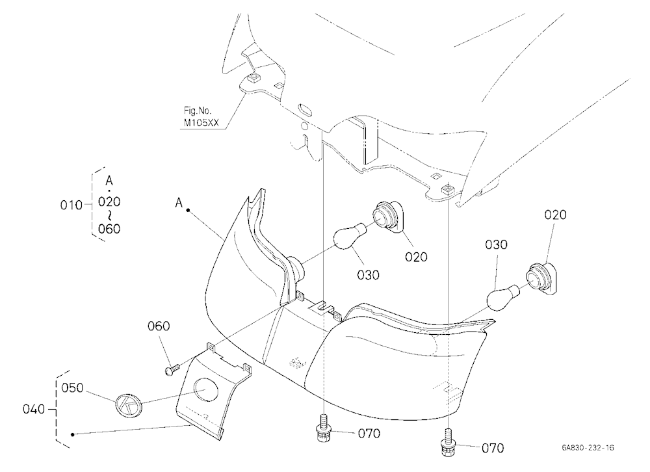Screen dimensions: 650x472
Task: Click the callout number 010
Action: [x=71, y=205]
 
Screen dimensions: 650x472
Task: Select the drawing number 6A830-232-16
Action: [x=588, y=447]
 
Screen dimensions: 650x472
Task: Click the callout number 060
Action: [x=159, y=326]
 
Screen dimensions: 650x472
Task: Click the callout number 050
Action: [x=73, y=387]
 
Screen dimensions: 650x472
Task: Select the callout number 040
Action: [x=34, y=410]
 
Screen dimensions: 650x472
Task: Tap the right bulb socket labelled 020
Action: [x=541, y=279]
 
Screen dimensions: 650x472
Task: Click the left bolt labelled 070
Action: [x=321, y=429]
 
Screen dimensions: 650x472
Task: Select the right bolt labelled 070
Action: [x=447, y=443]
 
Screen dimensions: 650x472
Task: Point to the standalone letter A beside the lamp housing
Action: [x=179, y=203]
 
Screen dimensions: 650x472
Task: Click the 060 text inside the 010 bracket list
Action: [x=109, y=229]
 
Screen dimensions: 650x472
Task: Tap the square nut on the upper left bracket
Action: [x=252, y=77]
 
